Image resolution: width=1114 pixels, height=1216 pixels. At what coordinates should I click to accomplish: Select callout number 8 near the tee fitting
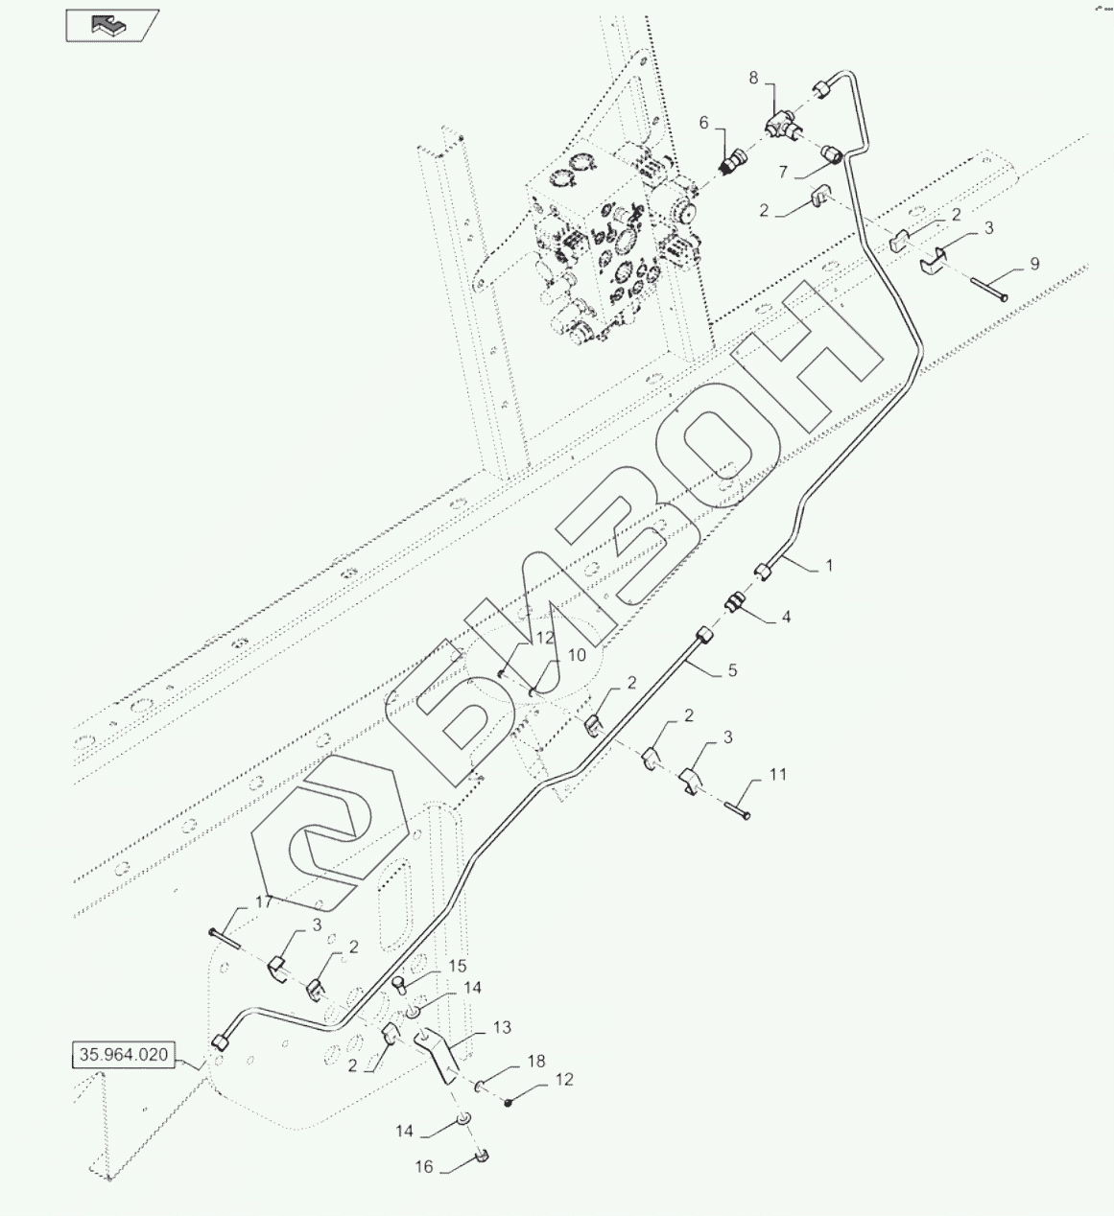pyautogui.click(x=753, y=79)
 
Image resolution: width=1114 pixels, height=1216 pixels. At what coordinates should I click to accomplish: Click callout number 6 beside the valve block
pyautogui.click(x=704, y=123)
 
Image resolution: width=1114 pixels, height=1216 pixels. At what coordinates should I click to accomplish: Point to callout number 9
pyautogui.click(x=1034, y=264)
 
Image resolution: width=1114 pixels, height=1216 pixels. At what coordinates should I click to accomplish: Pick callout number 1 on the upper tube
pyautogui.click(x=829, y=566)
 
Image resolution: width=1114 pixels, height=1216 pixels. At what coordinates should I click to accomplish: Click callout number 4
pyautogui.click(x=787, y=617)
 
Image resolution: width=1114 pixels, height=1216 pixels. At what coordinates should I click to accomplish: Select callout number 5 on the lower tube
pyautogui.click(x=732, y=670)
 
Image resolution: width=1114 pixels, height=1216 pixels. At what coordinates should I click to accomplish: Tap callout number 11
pyautogui.click(x=778, y=775)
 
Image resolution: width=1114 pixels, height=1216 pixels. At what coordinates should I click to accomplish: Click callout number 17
pyautogui.click(x=264, y=902)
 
